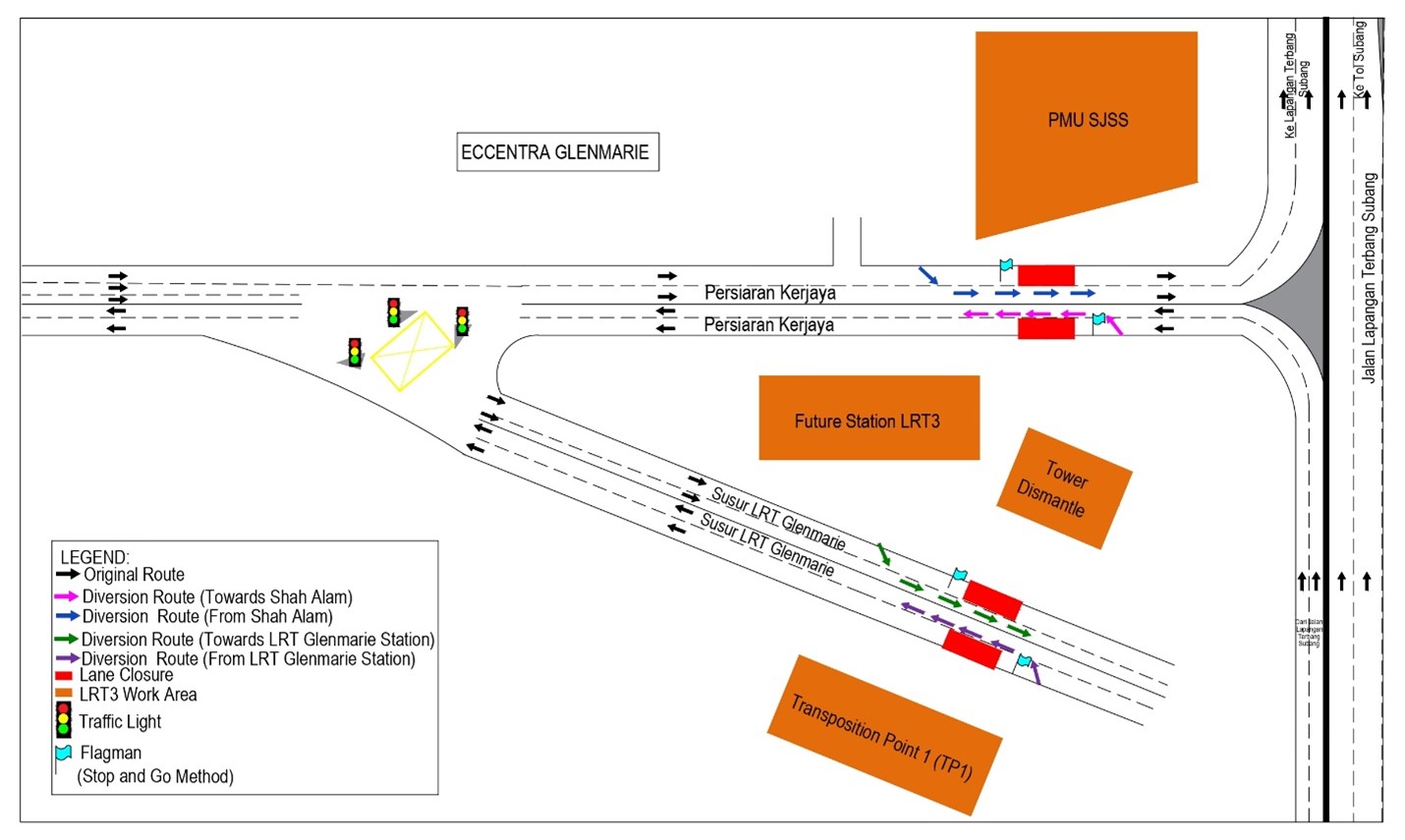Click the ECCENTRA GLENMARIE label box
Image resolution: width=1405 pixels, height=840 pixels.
coord(557,152)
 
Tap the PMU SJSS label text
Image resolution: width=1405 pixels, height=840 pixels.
coord(1088,121)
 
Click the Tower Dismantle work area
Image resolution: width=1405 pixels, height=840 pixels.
coord(1063,488)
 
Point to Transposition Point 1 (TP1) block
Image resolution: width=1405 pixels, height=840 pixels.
coord(882,736)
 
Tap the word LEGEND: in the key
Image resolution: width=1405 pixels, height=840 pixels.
coord(94,557)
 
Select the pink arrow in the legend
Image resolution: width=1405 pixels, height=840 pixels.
coord(67,597)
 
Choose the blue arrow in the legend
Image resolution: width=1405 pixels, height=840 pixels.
coord(67,617)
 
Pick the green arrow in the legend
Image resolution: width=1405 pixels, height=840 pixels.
coord(67,640)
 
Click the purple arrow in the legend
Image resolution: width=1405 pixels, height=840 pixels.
coord(67,659)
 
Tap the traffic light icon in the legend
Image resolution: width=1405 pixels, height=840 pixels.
coord(64,720)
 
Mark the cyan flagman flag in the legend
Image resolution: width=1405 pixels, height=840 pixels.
coord(64,754)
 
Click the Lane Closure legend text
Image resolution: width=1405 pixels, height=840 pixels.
coord(126,675)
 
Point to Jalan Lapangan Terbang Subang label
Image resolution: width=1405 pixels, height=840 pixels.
coord(1370,277)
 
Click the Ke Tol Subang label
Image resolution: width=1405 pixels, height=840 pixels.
coord(1360,59)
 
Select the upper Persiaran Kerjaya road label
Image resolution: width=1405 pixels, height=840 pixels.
coord(769,293)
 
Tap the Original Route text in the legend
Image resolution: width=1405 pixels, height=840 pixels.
coord(134,575)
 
